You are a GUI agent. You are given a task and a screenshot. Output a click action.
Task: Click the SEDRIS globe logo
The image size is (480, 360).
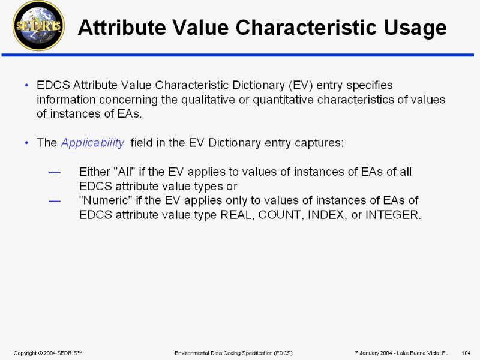(x=38, y=26)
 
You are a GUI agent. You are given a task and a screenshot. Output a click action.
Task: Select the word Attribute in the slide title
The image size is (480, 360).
(x=122, y=27)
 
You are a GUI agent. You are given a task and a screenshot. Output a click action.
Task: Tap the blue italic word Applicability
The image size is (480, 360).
(x=92, y=143)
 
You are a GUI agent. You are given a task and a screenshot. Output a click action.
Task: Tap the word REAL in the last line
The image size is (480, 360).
(x=237, y=215)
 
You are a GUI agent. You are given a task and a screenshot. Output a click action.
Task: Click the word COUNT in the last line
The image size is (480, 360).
(x=281, y=215)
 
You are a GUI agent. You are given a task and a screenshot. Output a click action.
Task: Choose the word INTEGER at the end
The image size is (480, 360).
(x=393, y=215)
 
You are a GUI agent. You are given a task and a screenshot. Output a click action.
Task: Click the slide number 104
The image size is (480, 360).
(x=466, y=353)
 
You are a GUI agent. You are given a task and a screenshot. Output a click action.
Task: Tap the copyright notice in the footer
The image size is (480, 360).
(x=48, y=353)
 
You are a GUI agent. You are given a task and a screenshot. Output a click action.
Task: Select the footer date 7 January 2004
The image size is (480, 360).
(x=373, y=353)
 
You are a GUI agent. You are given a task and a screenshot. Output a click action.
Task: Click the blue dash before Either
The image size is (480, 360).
(x=55, y=173)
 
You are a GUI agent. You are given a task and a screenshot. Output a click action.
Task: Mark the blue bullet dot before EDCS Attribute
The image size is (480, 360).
(x=26, y=85)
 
